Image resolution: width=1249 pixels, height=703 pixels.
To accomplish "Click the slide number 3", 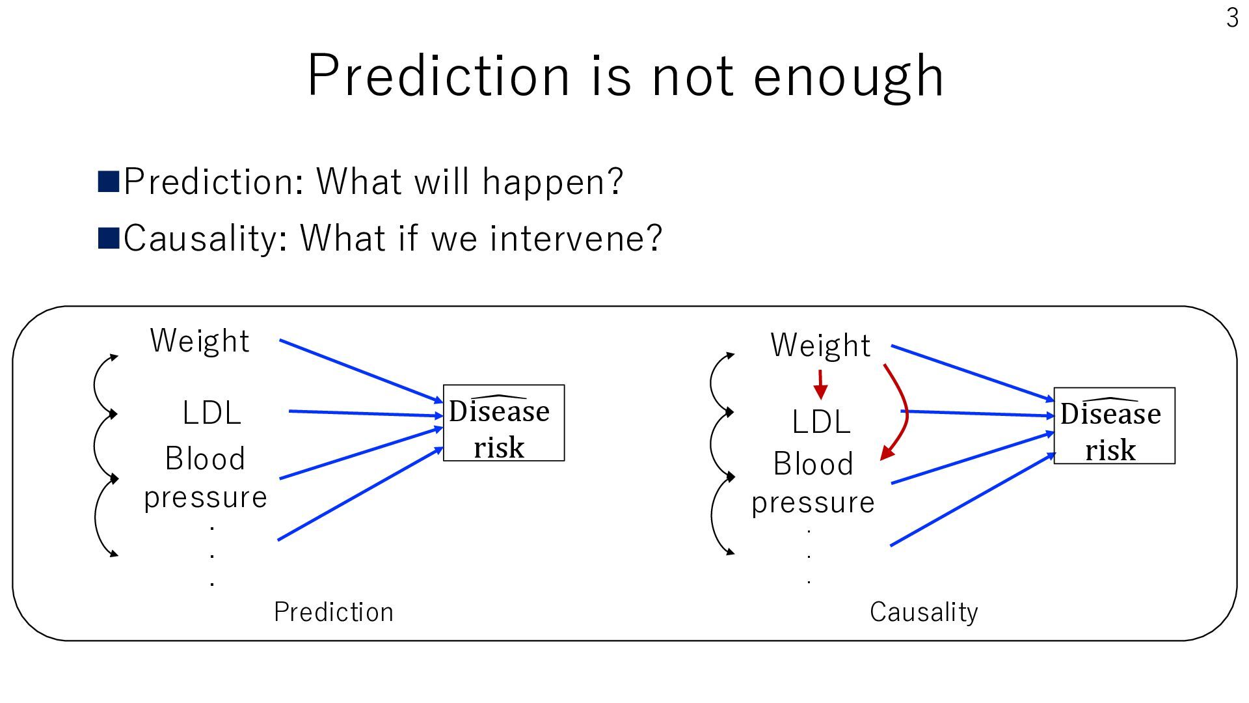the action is tap(1232, 18).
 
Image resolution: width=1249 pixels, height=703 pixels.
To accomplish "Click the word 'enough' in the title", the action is tap(848, 77).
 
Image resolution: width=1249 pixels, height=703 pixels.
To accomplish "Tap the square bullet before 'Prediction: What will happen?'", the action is tap(108, 182).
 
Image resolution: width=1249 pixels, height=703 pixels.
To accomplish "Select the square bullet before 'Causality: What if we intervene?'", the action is tap(108, 238).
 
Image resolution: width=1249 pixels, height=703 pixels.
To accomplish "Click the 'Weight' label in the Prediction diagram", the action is tap(200, 340).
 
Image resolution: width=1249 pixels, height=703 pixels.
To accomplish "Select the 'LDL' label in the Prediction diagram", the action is tap(212, 413).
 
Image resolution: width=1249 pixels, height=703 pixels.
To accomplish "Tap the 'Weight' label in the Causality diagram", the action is tap(820, 345).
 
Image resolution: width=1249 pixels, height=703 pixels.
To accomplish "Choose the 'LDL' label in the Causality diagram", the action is tap(821, 422).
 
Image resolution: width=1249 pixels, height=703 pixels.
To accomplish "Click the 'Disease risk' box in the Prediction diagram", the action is tap(504, 423).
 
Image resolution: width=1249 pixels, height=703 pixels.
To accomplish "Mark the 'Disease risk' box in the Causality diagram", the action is tap(1114, 426).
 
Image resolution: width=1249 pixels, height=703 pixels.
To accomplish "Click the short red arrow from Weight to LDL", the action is tap(820, 385).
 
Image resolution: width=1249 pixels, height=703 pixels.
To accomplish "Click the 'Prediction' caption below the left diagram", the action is tap(334, 612).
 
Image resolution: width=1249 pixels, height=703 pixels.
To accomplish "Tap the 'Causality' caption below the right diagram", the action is tap(924, 612).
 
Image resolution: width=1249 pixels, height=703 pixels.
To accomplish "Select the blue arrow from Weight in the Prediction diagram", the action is tap(361, 371).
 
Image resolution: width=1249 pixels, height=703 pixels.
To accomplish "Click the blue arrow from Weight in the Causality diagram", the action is tap(973, 374).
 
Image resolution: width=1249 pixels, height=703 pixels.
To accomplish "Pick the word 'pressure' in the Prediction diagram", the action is tap(206, 498).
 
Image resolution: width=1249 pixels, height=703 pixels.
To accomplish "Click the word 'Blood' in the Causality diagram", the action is tap(813, 464).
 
